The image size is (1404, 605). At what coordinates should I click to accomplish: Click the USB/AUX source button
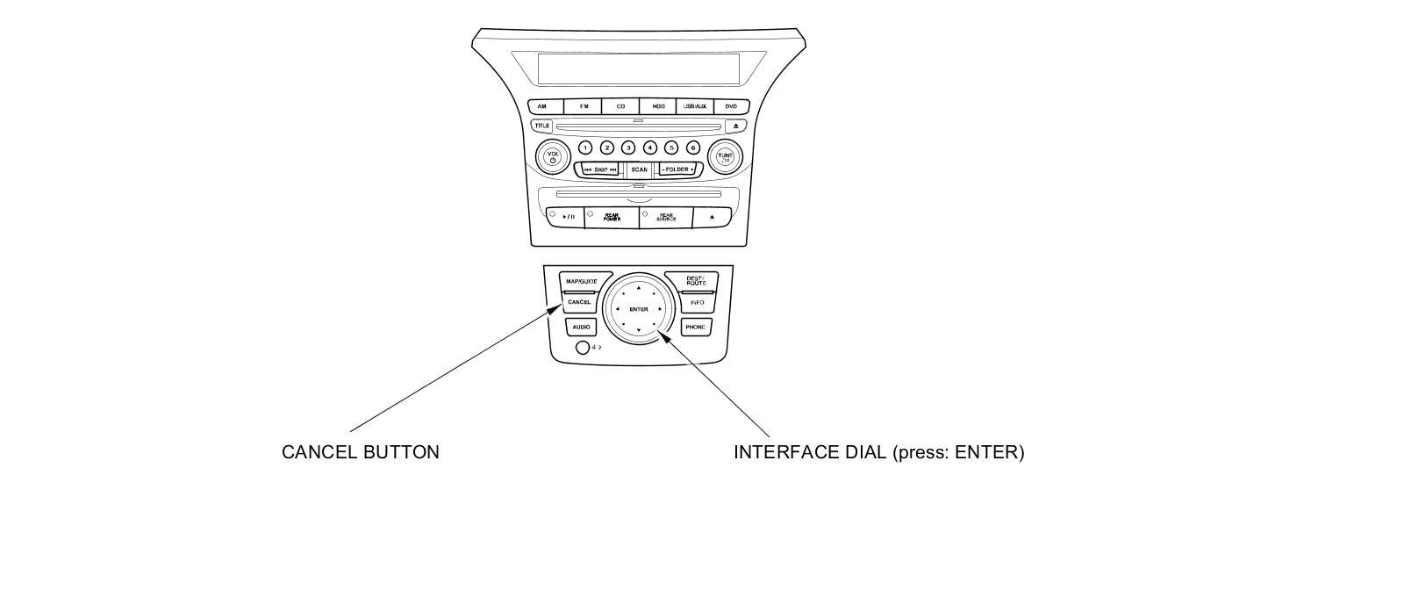pos(694,106)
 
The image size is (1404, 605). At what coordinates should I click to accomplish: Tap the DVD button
pos(731,106)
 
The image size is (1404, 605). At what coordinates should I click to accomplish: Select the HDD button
pos(658,106)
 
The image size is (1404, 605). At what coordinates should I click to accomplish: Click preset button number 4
pos(650,148)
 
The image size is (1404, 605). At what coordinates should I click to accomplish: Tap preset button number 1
pos(585,148)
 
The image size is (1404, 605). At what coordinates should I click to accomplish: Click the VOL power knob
pos(553,157)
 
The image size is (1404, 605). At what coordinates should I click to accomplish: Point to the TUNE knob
pos(725,157)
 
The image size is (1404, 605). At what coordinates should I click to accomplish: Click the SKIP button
pos(600,169)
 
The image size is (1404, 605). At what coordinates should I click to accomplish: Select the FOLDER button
pos(677,169)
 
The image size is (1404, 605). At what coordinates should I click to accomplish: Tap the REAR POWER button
pos(612,218)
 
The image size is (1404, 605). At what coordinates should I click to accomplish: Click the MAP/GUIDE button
pos(581,281)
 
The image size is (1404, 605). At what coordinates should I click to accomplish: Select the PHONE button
pos(695,328)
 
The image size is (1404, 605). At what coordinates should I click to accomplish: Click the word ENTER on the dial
pos(639,309)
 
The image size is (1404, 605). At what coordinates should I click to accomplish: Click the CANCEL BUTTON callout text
pos(360,452)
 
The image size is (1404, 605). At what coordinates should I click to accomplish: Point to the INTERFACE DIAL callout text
pos(878,452)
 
